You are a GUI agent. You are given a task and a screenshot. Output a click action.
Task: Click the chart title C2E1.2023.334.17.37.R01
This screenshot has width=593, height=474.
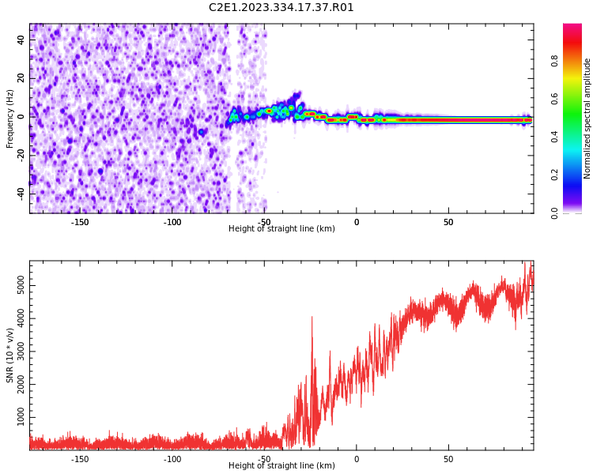tap(281, 8)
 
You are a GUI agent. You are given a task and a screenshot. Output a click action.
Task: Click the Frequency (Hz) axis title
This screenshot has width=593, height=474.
tap(10, 118)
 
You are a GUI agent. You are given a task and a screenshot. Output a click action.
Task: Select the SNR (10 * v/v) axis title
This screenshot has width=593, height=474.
tap(10, 355)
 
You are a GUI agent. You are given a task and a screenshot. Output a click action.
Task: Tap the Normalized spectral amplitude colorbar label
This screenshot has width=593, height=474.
tap(587, 118)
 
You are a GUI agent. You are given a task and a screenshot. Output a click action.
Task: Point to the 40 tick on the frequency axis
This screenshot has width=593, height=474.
tap(21, 40)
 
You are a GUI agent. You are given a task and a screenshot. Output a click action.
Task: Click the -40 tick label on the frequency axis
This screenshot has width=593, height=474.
tap(20, 194)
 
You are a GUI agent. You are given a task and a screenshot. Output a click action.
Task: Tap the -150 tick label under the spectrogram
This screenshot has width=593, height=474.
tap(80, 222)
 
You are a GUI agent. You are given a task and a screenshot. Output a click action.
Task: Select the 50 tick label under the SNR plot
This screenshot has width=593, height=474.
tap(448, 459)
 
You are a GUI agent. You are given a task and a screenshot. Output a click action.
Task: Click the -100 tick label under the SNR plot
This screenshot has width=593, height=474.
tap(172, 459)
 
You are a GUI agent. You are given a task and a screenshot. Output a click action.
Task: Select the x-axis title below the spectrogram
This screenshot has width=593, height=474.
tap(281, 229)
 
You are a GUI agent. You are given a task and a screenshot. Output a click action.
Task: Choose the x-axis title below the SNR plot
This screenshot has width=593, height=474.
tap(281, 466)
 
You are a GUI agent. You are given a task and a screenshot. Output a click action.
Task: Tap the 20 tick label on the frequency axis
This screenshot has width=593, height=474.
tap(21, 78)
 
